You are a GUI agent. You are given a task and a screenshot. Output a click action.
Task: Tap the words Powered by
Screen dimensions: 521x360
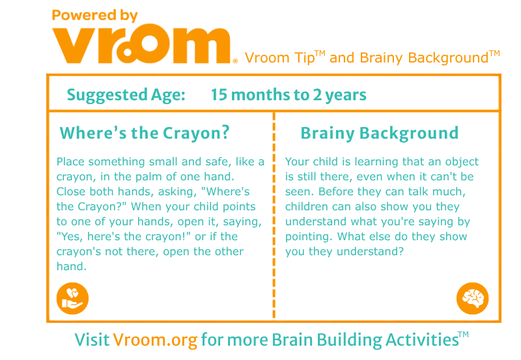pyautogui.click(x=94, y=15)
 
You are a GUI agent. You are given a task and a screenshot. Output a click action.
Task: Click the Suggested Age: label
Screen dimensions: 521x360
pyautogui.click(x=126, y=95)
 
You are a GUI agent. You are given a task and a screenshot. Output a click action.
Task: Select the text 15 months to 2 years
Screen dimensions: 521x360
pyautogui.click(x=289, y=95)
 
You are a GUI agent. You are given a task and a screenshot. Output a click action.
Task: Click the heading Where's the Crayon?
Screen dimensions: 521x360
pyautogui.click(x=145, y=133)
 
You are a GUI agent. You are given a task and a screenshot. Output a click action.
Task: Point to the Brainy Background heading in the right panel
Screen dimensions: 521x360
pyautogui.click(x=380, y=133)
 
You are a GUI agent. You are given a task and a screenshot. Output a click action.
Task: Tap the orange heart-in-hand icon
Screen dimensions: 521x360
pyautogui.click(x=72, y=298)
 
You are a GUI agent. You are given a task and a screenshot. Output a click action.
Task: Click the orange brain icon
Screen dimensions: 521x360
pyautogui.click(x=473, y=298)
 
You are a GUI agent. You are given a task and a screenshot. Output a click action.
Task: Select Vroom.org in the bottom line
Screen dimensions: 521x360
pyautogui.click(x=155, y=340)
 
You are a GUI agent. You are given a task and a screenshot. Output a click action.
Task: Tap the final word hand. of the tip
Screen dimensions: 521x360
pyautogui.click(x=72, y=266)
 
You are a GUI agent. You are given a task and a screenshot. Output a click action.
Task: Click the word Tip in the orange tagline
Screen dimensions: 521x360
pyautogui.click(x=304, y=58)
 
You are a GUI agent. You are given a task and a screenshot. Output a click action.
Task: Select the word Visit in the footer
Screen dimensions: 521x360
pyautogui.click(x=92, y=340)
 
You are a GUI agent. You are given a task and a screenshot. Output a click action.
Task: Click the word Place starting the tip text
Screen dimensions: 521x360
pyautogui.click(x=70, y=161)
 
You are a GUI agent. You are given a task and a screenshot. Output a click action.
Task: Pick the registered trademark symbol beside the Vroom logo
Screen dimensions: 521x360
pyautogui.click(x=235, y=61)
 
